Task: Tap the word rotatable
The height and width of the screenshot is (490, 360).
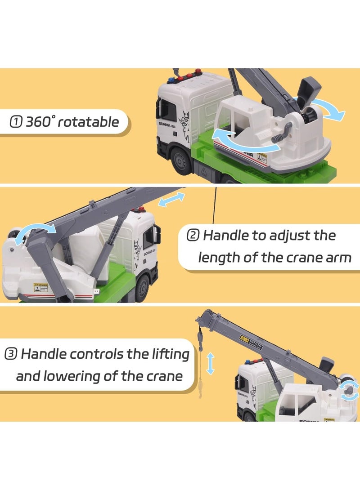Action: point(89,121)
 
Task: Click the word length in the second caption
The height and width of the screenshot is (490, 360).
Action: point(220,258)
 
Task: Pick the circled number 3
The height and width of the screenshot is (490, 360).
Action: point(12,354)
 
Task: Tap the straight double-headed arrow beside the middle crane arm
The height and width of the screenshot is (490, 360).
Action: point(171,200)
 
